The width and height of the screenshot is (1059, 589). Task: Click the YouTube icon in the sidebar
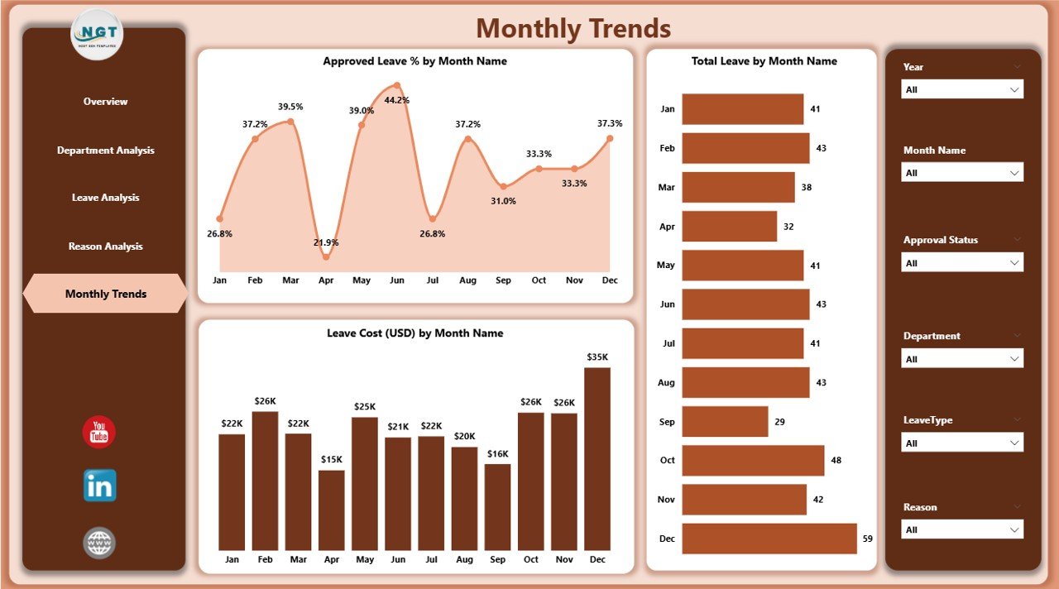pyautogui.click(x=99, y=433)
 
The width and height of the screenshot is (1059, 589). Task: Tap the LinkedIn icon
pyautogui.click(x=99, y=486)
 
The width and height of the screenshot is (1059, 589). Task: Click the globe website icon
pyautogui.click(x=99, y=543)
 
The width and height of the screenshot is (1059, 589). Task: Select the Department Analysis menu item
pyautogui.click(x=106, y=151)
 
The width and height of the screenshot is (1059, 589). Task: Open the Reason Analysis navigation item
pyautogui.click(x=106, y=247)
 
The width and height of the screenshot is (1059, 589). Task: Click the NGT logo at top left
pyautogui.click(x=98, y=34)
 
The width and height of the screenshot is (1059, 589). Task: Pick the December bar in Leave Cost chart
pyautogui.click(x=597, y=459)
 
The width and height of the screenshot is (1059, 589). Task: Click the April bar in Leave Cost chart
pyautogui.click(x=332, y=510)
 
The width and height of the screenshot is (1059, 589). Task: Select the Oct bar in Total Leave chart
pyautogui.click(x=753, y=461)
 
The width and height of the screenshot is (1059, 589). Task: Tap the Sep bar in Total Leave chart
pyautogui.click(x=725, y=421)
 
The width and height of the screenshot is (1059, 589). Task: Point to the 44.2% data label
pyautogui.click(x=397, y=100)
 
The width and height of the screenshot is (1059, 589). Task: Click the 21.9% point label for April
pyautogui.click(x=325, y=242)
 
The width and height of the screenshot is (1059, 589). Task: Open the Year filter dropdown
pyautogui.click(x=962, y=89)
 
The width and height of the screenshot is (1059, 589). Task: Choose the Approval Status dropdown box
pyautogui.click(x=962, y=263)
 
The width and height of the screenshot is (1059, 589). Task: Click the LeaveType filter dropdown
pyautogui.click(x=962, y=443)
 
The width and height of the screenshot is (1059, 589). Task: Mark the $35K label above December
pyautogui.click(x=597, y=357)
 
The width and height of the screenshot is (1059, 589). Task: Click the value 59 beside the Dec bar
pyautogui.click(x=867, y=539)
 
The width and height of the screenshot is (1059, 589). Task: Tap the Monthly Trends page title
pyautogui.click(x=573, y=29)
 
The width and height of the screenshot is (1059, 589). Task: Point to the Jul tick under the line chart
pyautogui.click(x=432, y=280)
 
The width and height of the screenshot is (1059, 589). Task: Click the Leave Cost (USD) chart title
pyautogui.click(x=414, y=333)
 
